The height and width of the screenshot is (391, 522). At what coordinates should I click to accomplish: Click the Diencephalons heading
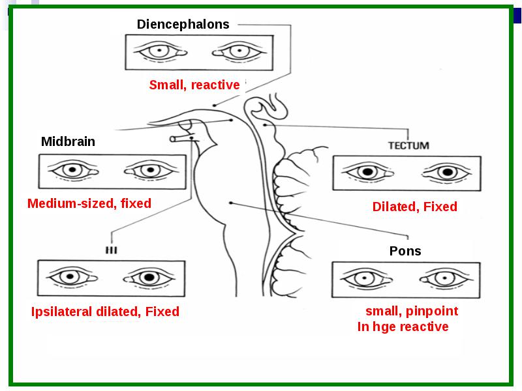pyautogui.click(x=183, y=24)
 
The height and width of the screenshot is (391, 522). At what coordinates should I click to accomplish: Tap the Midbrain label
pyautogui.click(x=68, y=141)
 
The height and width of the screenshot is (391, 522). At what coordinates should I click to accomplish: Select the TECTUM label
pyautogui.click(x=409, y=145)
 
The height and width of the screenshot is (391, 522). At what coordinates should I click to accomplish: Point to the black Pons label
pyautogui.click(x=405, y=251)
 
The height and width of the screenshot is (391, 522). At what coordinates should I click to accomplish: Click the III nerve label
pyautogui.click(x=111, y=250)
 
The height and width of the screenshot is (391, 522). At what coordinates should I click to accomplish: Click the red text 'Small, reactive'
pyautogui.click(x=194, y=85)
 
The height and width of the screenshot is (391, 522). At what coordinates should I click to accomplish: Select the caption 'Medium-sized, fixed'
pyautogui.click(x=89, y=203)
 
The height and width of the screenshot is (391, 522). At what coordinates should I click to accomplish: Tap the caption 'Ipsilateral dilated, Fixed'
pyautogui.click(x=105, y=312)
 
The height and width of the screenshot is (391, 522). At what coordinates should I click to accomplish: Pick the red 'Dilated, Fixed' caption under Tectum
pyautogui.click(x=415, y=207)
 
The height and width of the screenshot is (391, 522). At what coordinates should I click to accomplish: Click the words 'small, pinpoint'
pyautogui.click(x=412, y=311)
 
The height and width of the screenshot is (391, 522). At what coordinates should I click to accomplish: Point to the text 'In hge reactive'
pyautogui.click(x=403, y=326)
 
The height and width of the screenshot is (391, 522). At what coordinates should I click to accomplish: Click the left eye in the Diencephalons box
pyautogui.click(x=160, y=51)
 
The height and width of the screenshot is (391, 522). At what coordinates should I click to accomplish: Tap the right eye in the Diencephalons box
pyautogui.click(x=239, y=51)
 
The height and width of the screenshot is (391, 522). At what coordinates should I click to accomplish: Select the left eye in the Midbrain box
pyautogui.click(x=73, y=171)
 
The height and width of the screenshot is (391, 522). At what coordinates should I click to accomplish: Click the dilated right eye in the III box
pyautogui.click(x=149, y=277)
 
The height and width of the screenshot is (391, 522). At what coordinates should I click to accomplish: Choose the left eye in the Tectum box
pyautogui.click(x=368, y=172)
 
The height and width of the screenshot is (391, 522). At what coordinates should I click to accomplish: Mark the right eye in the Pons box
pyautogui.click(x=446, y=278)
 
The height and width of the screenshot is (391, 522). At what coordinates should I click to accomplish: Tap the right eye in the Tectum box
pyautogui.click(x=447, y=173)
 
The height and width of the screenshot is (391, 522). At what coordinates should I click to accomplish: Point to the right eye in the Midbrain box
pyautogui.click(x=150, y=171)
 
